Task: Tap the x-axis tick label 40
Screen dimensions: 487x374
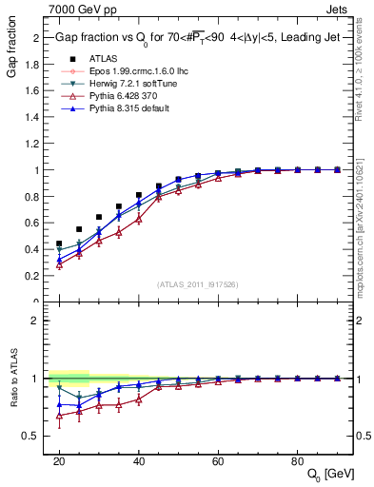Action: click(x=139, y=460)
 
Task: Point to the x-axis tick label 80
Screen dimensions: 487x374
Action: click(x=297, y=460)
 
